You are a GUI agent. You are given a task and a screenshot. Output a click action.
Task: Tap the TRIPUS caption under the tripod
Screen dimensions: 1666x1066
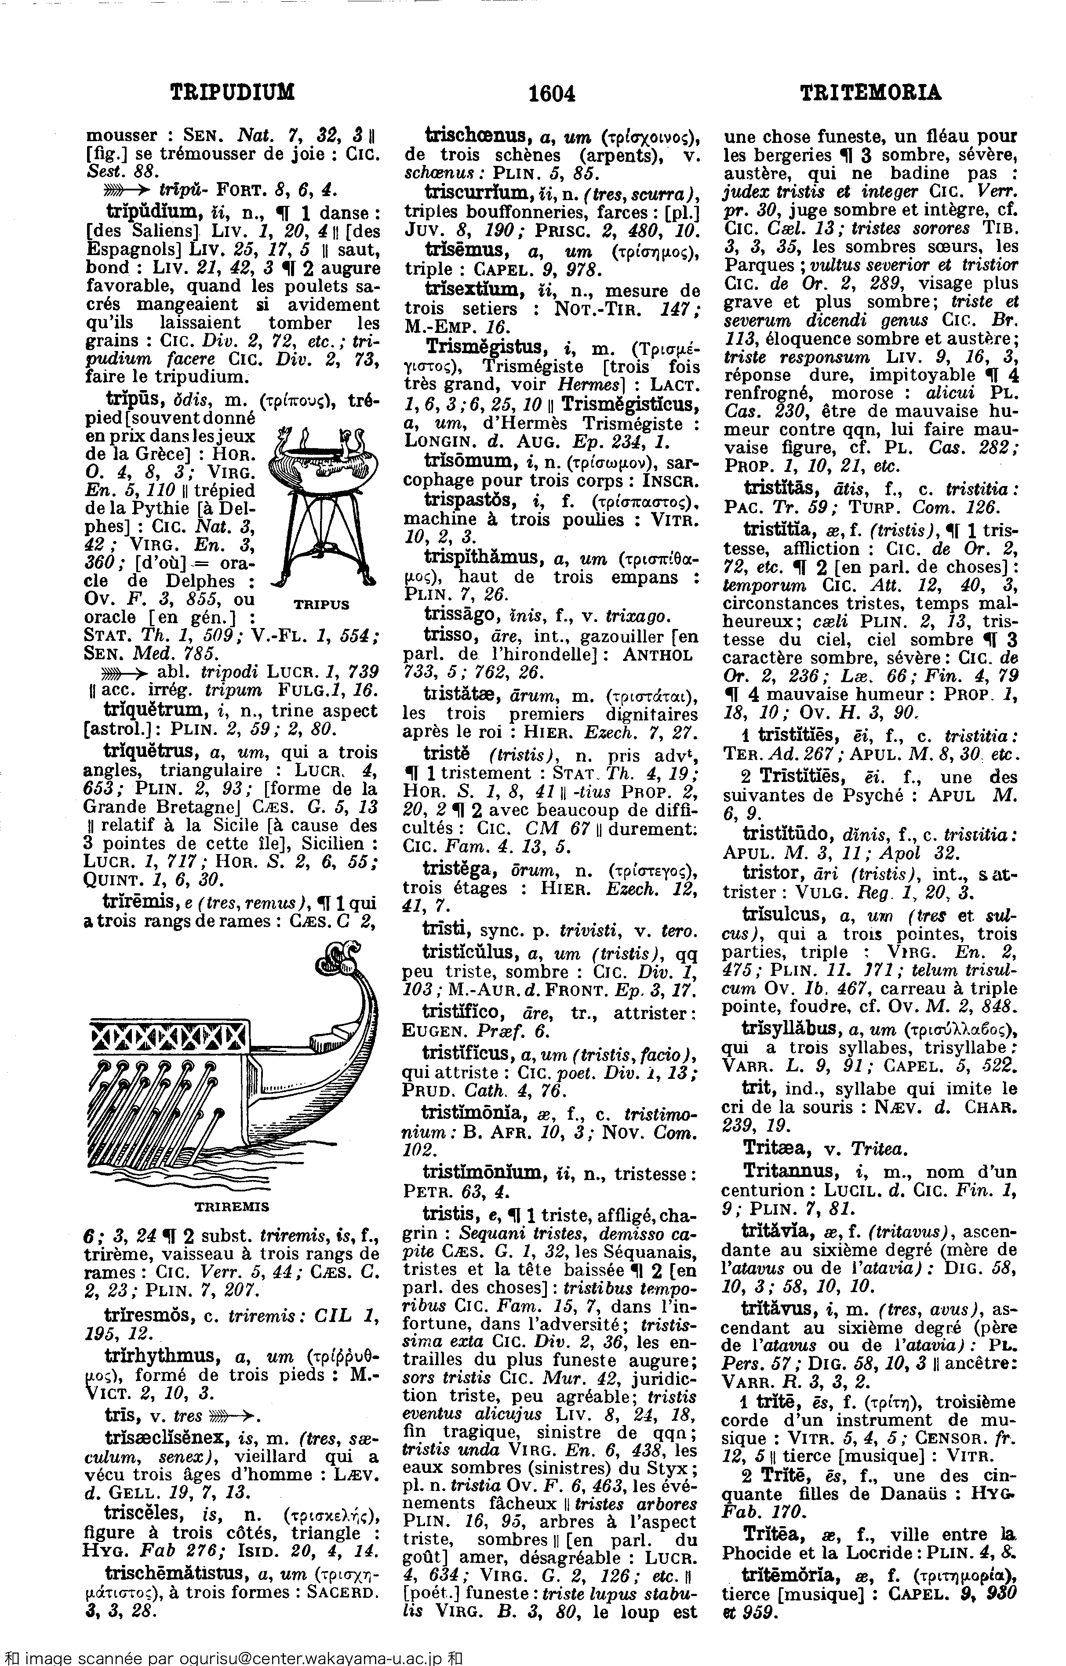click(x=322, y=604)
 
